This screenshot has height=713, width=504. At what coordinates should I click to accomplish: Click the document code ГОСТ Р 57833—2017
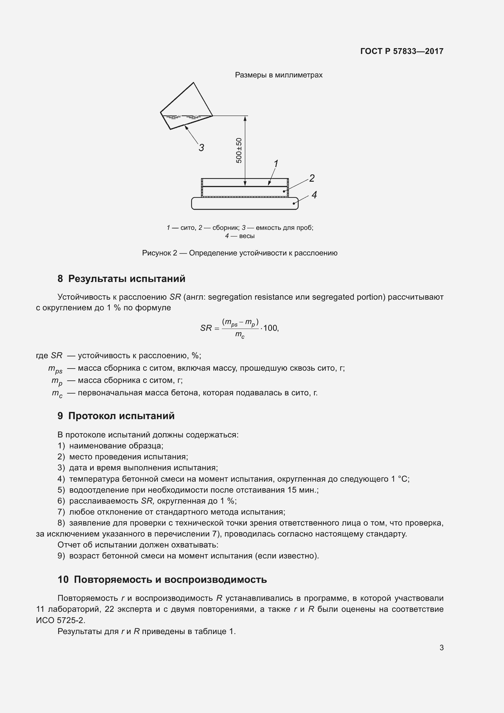click(x=402, y=51)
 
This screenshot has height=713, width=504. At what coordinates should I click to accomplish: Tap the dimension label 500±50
click(x=239, y=150)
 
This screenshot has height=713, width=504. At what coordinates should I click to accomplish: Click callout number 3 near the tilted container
click(x=201, y=148)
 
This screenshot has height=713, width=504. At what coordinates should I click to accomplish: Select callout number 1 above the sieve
click(x=275, y=163)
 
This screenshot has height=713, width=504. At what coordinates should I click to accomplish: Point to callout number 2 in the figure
click(x=312, y=178)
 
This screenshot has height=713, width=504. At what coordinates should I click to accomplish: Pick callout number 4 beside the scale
click(x=314, y=195)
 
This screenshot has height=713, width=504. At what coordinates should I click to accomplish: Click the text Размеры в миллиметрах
click(x=279, y=75)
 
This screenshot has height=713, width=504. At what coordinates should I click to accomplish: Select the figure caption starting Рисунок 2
click(x=240, y=253)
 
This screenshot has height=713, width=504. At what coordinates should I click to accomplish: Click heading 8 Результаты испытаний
click(x=121, y=279)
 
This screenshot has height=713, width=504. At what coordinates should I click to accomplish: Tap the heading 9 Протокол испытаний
click(x=116, y=415)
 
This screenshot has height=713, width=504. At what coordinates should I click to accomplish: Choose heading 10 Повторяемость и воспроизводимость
click(x=162, y=579)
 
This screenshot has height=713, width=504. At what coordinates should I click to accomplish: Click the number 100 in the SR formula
click(x=270, y=328)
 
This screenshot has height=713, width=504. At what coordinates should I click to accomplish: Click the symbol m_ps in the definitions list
click(x=55, y=369)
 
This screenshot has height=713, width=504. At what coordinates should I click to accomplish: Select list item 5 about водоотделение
click(x=188, y=490)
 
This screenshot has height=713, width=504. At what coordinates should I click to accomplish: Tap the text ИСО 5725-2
click(x=61, y=620)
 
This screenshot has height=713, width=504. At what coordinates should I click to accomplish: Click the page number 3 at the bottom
click(x=441, y=647)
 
